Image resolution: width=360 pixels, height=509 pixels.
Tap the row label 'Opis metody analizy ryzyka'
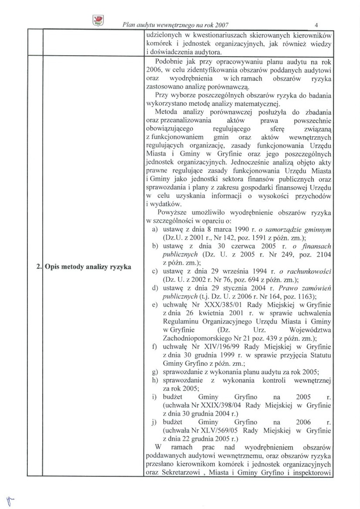[88, 267]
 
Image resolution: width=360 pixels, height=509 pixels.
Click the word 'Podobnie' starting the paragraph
[170, 62]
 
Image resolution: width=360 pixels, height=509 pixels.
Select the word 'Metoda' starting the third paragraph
[167, 111]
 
